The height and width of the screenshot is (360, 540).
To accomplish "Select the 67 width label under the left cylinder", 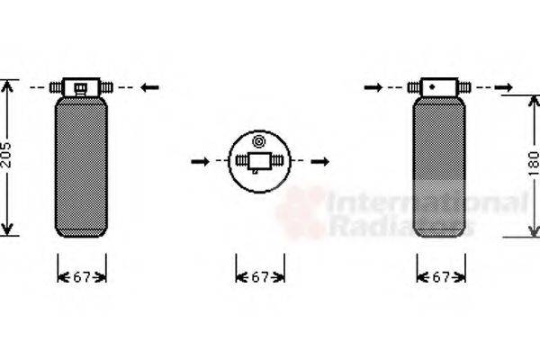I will pyautogui.click(x=82, y=277).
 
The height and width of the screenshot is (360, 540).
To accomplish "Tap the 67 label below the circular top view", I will pyautogui.click(x=260, y=277).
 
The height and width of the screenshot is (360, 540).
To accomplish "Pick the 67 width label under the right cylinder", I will pyautogui.click(x=441, y=277).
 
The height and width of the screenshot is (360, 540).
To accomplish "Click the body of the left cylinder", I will pyautogui.click(x=81, y=166).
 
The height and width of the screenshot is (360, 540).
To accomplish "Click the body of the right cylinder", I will pyautogui.click(x=440, y=166).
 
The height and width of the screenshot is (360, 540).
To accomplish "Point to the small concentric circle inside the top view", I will pyautogui.click(x=260, y=141).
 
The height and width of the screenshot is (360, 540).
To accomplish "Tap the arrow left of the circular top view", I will pyautogui.click(x=201, y=162).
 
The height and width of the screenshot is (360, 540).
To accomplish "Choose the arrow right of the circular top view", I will pyautogui.click(x=320, y=162).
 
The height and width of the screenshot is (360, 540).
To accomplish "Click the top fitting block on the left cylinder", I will pyautogui.click(x=81, y=87).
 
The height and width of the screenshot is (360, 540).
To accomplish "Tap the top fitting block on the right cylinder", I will pyautogui.click(x=439, y=87).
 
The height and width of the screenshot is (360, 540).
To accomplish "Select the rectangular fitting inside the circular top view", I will pyautogui.click(x=260, y=163).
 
